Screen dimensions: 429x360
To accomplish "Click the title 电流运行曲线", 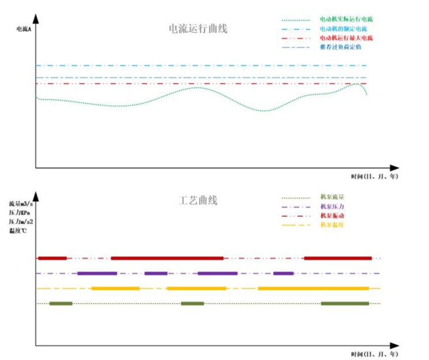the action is (197, 28).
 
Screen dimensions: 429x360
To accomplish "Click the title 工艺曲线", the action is (197, 201).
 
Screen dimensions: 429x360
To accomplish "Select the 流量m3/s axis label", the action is (22, 204).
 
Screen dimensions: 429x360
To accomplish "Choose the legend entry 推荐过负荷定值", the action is (340, 47).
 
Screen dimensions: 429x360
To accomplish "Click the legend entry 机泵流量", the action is (332, 197).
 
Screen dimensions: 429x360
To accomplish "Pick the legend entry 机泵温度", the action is (332, 224).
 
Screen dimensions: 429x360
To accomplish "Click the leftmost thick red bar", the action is (52, 258).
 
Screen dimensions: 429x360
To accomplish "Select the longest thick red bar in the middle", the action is (167, 258).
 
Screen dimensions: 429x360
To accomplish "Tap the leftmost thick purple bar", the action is (97, 273).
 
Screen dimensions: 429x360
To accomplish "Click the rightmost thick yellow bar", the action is (313, 288).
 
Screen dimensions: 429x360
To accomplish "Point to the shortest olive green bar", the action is (192, 303).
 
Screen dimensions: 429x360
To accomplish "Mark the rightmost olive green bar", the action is (345, 303).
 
